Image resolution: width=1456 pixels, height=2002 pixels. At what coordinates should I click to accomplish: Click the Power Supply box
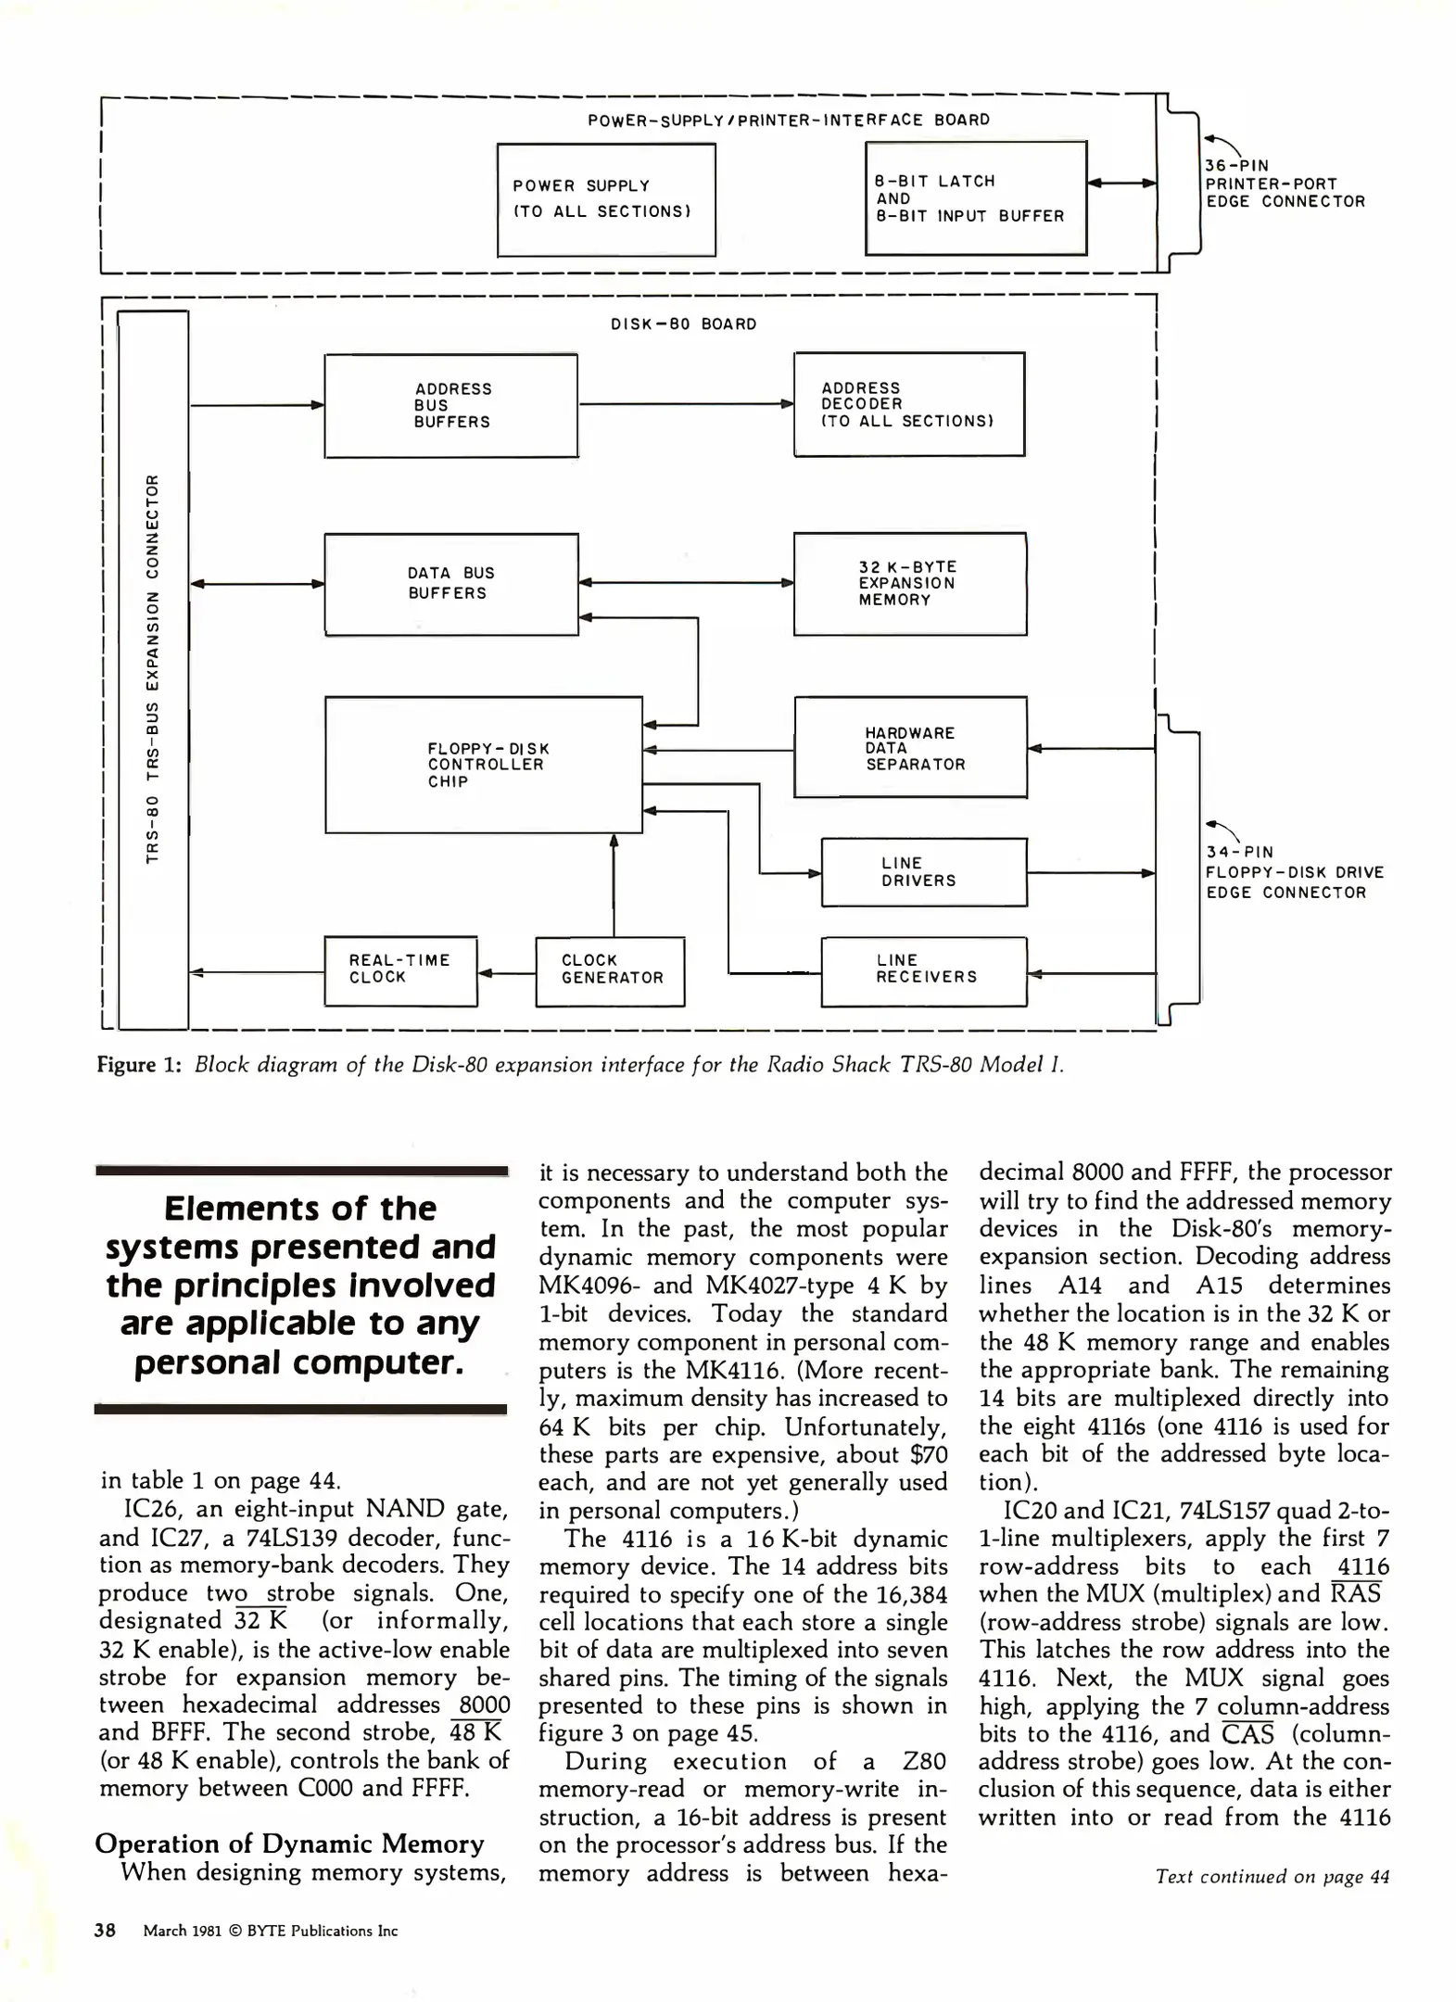coord(606,199)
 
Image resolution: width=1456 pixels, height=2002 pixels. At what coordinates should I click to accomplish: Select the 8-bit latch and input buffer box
coord(975,198)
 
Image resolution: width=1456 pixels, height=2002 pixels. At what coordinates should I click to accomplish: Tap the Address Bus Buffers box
coord(450,405)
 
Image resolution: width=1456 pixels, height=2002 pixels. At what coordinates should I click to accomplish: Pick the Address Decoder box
coord(908,404)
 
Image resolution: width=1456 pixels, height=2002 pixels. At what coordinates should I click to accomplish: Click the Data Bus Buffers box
coord(450,584)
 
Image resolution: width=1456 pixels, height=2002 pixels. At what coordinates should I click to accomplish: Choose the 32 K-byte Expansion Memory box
coord(909,583)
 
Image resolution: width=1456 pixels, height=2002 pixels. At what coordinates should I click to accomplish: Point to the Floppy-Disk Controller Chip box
coord(483,765)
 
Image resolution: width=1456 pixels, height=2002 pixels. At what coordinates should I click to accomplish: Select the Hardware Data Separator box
coord(910,747)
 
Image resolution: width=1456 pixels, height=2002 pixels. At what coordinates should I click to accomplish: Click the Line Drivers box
coord(923,872)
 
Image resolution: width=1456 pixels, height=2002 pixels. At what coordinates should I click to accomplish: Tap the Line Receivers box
coord(923,970)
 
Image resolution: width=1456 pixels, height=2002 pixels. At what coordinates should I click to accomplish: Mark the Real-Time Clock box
coord(399,969)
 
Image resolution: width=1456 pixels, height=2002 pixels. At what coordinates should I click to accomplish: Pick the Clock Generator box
coord(610,970)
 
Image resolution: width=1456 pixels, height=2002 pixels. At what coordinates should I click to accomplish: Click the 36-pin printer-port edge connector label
coord(1284,184)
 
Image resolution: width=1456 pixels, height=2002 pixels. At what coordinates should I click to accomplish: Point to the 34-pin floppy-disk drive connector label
coord(1294,872)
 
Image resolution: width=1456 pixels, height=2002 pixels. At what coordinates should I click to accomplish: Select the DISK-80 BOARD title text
coord(684,324)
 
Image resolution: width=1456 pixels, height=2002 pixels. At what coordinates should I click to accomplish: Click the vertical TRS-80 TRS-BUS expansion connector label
coord(154,668)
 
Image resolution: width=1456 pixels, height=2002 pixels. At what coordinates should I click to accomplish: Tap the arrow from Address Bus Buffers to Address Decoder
coord(685,404)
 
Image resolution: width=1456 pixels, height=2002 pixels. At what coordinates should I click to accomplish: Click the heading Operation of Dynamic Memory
coord(289,1844)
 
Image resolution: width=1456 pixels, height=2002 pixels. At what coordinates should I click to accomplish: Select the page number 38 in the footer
coord(105,1931)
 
